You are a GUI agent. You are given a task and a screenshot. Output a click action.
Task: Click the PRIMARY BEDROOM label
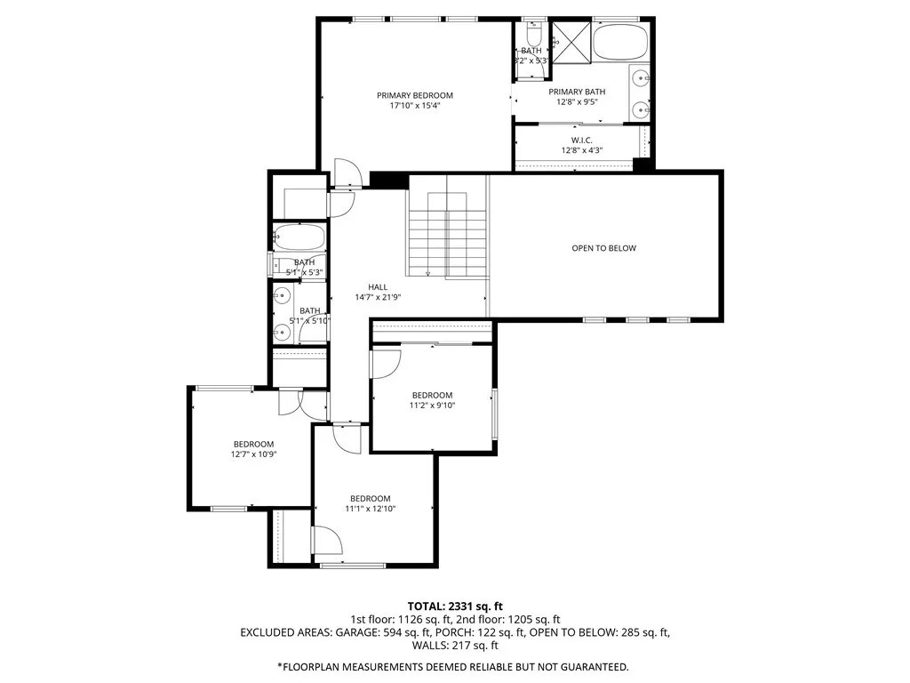tap(414, 95)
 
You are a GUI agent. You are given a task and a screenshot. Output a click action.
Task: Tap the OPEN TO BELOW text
tap(603, 248)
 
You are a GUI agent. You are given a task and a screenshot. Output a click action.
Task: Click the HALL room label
tap(378, 287)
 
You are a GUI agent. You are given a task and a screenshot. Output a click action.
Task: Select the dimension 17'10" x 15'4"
tap(414, 106)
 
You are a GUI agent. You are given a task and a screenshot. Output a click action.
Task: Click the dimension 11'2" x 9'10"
tap(431, 406)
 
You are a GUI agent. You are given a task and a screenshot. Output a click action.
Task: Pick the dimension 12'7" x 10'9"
tap(253, 454)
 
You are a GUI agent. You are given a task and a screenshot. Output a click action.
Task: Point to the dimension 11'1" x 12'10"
tap(370, 509)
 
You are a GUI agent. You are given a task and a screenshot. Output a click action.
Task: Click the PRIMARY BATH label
tap(577, 92)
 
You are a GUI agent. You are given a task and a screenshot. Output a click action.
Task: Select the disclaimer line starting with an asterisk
tap(453, 666)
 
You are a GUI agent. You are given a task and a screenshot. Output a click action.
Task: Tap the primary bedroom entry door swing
tap(346, 173)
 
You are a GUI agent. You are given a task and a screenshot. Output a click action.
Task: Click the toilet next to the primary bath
tap(533, 36)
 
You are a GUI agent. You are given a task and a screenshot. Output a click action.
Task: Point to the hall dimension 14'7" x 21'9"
tap(378, 298)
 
